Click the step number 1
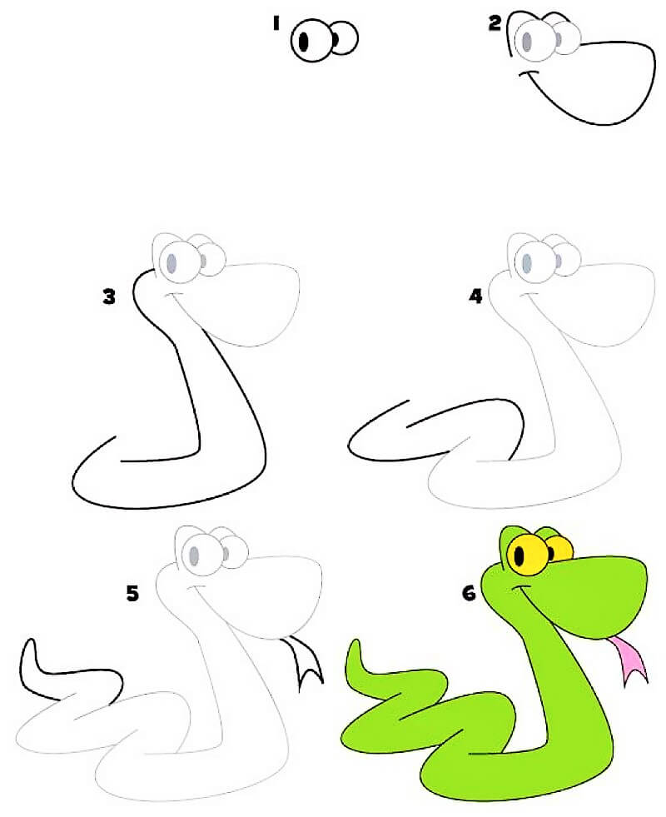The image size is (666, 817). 276,23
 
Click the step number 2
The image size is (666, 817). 495,23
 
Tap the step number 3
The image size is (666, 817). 109,297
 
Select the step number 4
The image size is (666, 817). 476,296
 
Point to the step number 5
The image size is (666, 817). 132,593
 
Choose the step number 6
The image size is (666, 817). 470,593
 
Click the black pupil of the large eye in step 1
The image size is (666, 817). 304,41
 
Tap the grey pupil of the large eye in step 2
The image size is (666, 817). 528,41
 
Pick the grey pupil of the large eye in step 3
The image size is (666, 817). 171,263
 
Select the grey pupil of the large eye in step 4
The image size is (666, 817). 527,262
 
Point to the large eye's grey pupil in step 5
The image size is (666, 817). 194,555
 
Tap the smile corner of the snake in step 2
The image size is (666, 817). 522,74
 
